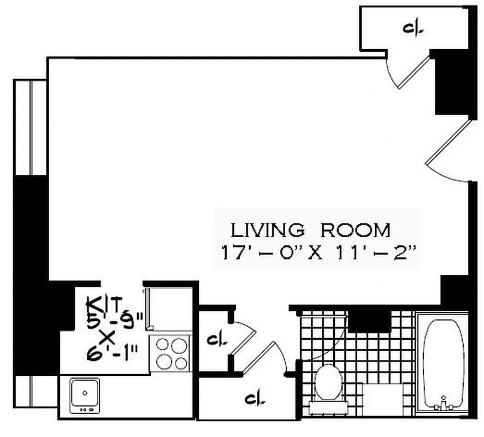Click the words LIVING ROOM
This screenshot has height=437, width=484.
click(x=310, y=230)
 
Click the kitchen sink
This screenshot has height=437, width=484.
click(x=85, y=393)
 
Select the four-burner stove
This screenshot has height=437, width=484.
click(x=171, y=353)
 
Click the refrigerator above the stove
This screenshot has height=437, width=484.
click(x=169, y=309)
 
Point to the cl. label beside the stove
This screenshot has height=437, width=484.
click(x=214, y=340)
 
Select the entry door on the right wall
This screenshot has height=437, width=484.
click(x=448, y=145)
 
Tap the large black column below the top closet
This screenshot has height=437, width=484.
click(x=451, y=82)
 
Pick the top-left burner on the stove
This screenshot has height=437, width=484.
click(x=163, y=345)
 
